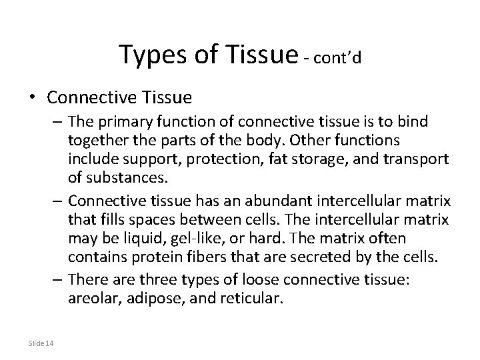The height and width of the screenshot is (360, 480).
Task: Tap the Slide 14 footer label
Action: point(41,343)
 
